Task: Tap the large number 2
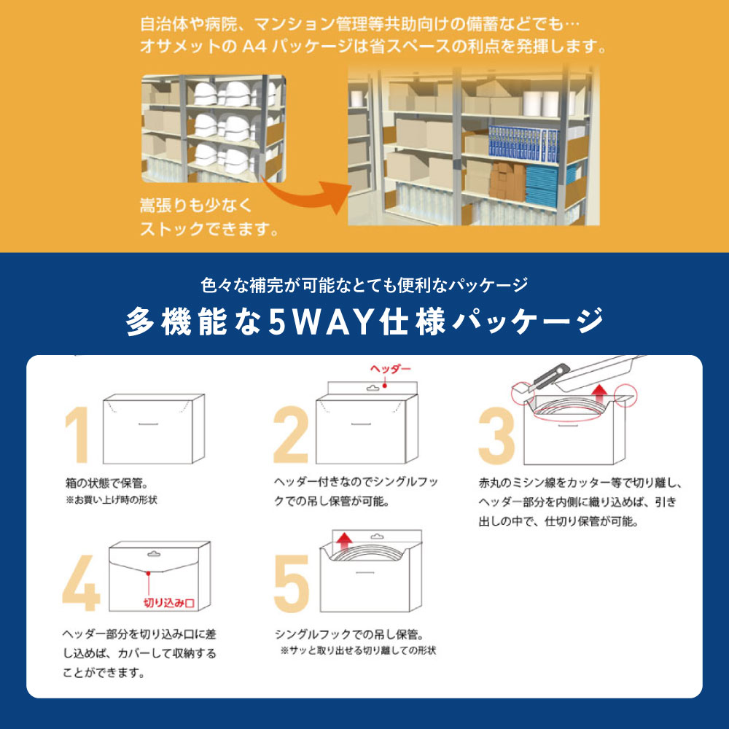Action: (291, 434)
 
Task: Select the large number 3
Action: (496, 436)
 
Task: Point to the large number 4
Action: (82, 583)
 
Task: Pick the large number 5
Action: (292, 583)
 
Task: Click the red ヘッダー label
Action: (391, 369)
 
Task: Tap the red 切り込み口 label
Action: (169, 603)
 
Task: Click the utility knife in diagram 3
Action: (551, 375)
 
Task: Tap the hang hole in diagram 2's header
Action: (373, 388)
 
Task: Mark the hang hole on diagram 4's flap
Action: (154, 554)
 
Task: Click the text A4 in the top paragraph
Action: (254, 47)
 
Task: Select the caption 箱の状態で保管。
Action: (107, 483)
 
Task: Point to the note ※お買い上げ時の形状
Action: (111, 500)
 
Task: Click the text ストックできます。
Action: (210, 229)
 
